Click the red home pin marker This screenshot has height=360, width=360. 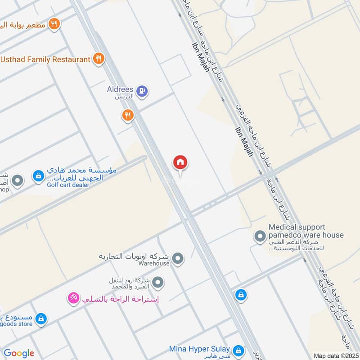click(180, 163)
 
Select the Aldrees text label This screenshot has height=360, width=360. click(120, 90)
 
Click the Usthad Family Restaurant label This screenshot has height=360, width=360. click(45, 59)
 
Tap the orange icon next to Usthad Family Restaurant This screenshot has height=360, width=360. click(99, 58)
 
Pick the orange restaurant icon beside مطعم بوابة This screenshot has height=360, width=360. click(54, 24)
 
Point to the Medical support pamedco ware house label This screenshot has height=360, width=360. click(306, 231)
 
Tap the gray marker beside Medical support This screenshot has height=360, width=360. click(260, 236)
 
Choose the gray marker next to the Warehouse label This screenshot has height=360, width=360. click(179, 258)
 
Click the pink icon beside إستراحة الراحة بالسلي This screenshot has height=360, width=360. click(73, 297)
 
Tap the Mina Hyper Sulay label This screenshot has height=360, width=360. click(199, 349)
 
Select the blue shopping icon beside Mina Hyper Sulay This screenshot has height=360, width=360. click(238, 350)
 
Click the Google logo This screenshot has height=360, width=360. click(19, 353)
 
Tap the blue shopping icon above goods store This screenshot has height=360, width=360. click(41, 318)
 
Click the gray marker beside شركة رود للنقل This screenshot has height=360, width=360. click(157, 283)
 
